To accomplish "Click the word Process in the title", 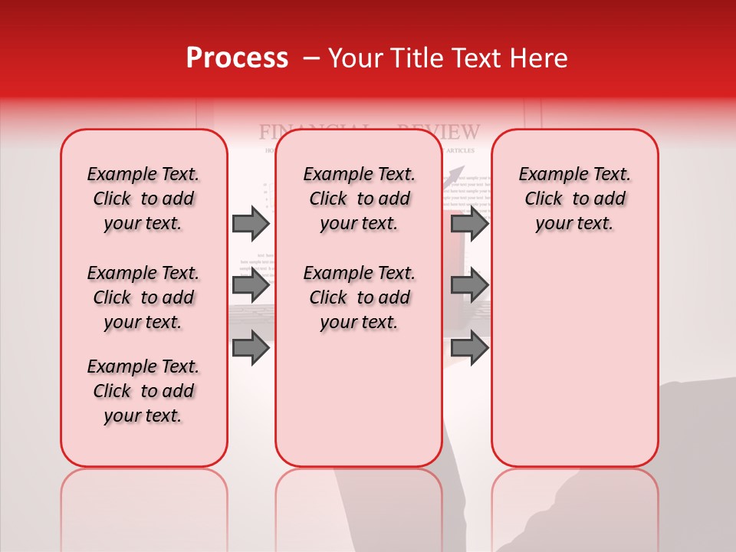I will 237,58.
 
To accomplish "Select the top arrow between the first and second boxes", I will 251,223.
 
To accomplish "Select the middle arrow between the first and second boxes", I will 251,285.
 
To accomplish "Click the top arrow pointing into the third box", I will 469,223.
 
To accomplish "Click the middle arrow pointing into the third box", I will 469,285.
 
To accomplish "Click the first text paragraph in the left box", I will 143,199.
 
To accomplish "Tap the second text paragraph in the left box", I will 143,297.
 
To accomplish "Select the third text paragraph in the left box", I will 143,391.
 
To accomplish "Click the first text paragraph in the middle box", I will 359,199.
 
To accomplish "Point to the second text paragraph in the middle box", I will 359,297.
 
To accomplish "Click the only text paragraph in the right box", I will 574,199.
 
